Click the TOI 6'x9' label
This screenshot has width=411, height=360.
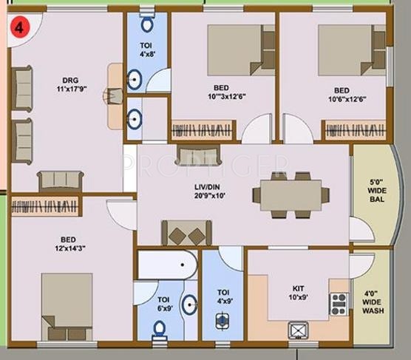[x=164, y=305]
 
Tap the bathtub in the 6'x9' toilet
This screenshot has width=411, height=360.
[x=167, y=264]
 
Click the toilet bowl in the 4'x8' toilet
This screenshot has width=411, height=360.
[x=147, y=24]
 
